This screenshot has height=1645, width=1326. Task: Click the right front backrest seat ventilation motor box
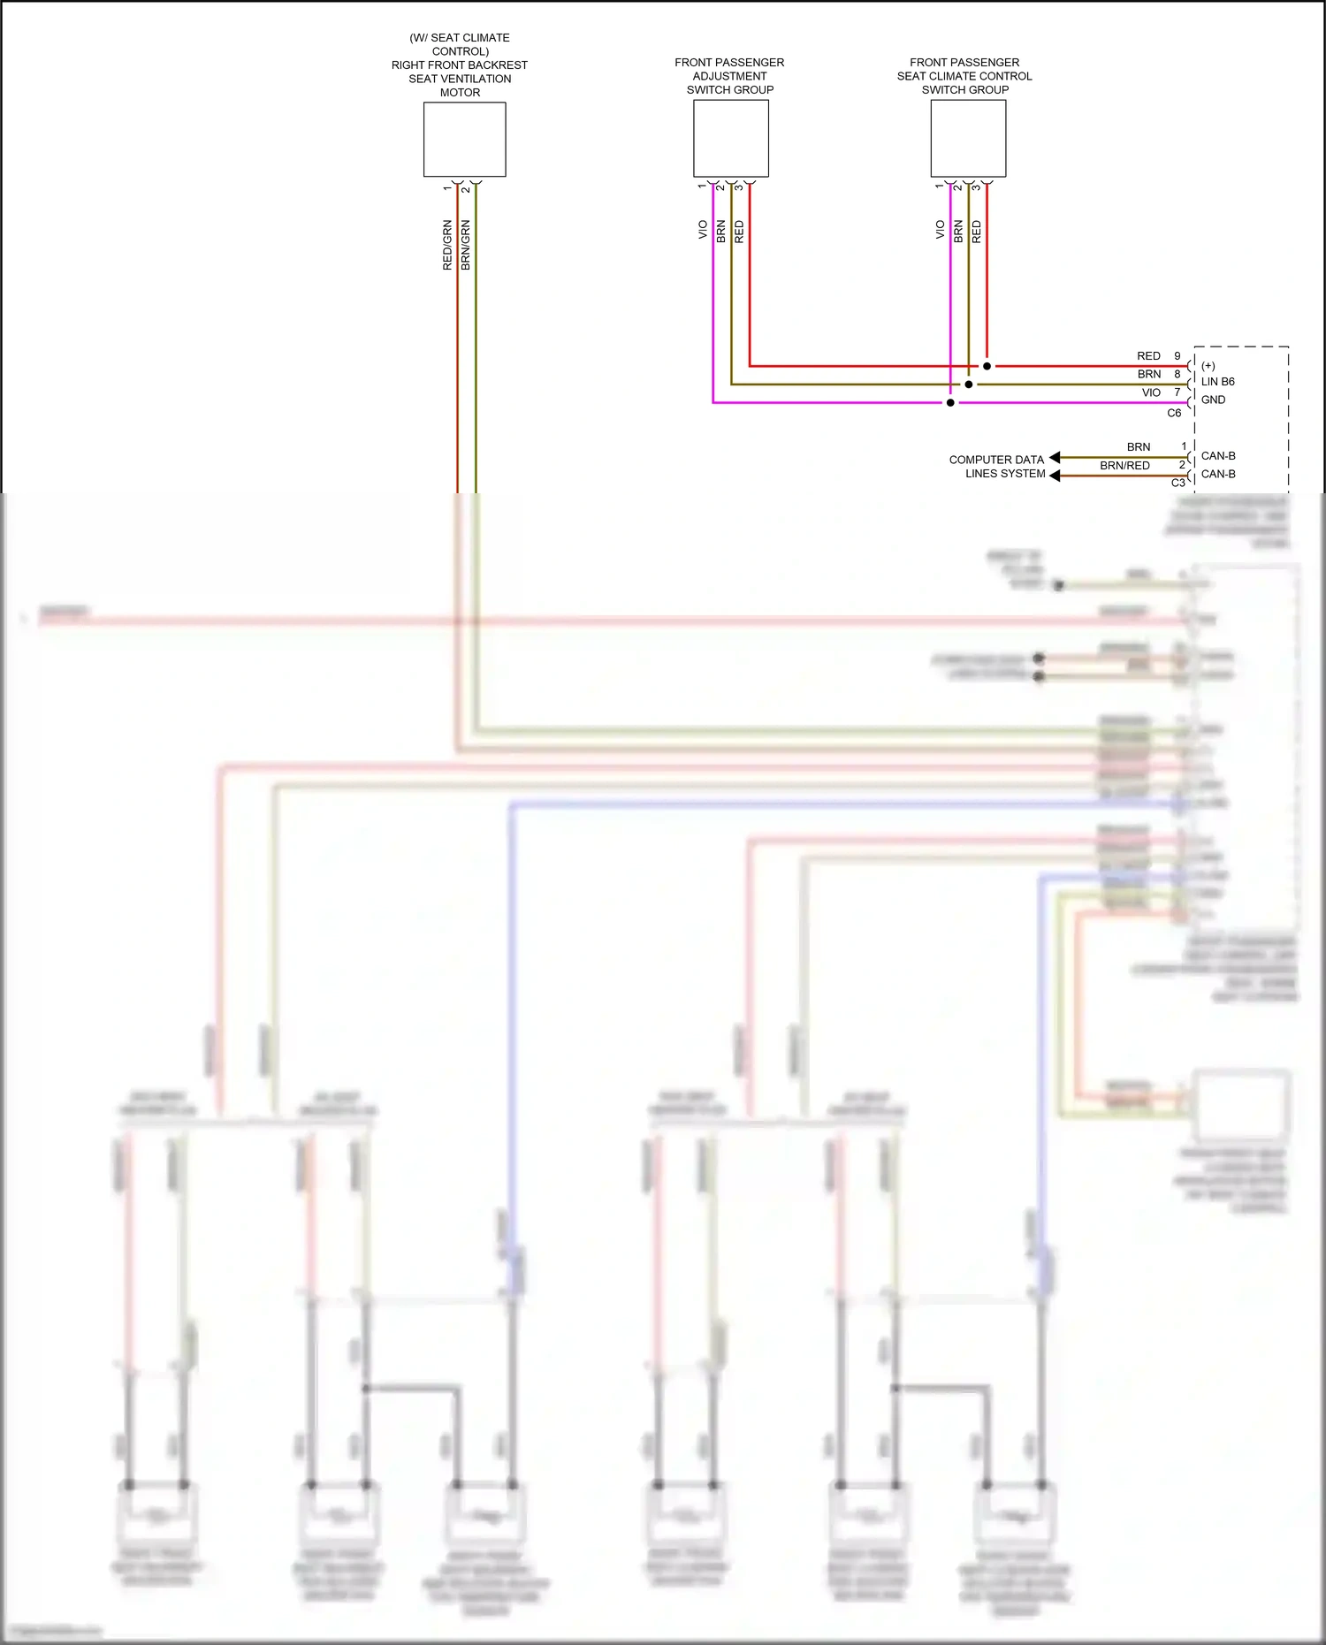click(x=464, y=140)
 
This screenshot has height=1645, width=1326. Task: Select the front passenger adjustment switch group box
click(x=730, y=139)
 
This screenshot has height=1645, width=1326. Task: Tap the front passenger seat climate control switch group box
click(x=968, y=139)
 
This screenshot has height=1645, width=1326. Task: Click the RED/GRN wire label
click(x=447, y=245)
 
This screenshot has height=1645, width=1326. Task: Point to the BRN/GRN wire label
click(x=466, y=245)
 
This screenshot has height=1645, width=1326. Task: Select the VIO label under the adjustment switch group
click(x=703, y=230)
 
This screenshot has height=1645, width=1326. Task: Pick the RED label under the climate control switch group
click(x=976, y=232)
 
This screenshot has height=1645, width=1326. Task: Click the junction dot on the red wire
click(x=987, y=366)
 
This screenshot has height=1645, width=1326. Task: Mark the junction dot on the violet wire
click(x=950, y=403)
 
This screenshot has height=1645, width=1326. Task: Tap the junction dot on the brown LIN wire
click(x=969, y=385)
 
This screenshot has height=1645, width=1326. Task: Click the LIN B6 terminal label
click(x=1217, y=382)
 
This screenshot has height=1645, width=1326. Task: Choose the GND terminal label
click(x=1213, y=400)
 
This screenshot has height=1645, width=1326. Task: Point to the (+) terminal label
click(x=1208, y=366)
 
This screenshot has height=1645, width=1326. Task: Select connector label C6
click(x=1174, y=413)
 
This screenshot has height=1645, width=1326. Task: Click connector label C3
click(x=1177, y=483)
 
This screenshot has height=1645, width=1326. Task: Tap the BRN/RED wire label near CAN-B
click(x=1124, y=466)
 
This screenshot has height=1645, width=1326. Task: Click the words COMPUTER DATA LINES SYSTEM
click(x=997, y=467)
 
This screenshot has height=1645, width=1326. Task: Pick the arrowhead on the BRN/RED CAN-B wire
click(x=1054, y=476)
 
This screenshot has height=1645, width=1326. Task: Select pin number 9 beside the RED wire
click(x=1177, y=356)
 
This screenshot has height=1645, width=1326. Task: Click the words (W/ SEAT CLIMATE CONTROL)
click(x=460, y=44)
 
